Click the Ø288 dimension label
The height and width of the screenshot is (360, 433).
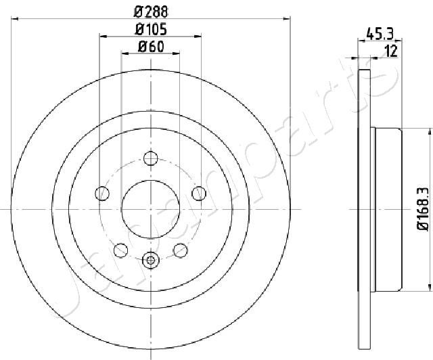(x=151, y=12)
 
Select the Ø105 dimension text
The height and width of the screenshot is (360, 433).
(x=151, y=30)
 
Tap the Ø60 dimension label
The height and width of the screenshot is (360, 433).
(x=151, y=47)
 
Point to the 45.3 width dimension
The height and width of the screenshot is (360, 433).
(x=380, y=35)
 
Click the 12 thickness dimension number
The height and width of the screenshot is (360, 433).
(x=391, y=51)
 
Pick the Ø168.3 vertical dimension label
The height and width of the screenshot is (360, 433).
(x=422, y=208)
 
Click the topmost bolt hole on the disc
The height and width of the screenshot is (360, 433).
(x=151, y=158)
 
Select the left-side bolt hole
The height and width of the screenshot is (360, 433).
(x=102, y=194)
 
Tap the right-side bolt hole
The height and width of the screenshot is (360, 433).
(x=199, y=194)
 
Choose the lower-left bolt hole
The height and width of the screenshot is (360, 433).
(x=120, y=250)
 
